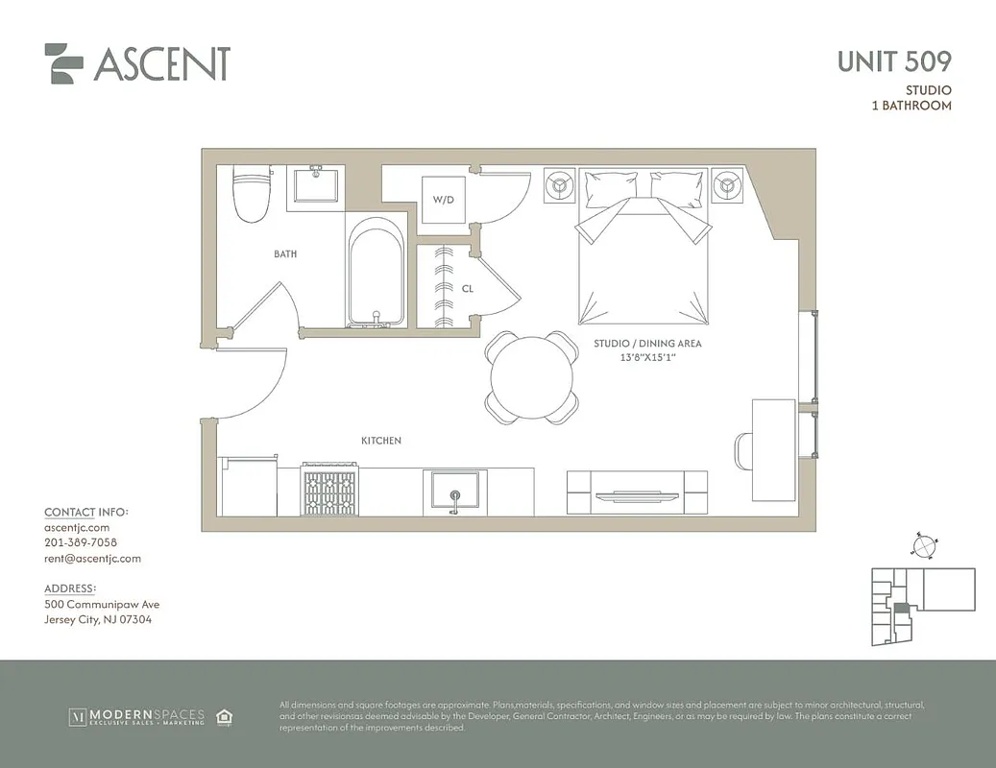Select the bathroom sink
(x=317, y=184)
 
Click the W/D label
(x=443, y=201)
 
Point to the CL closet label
(x=467, y=287)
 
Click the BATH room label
(x=285, y=254)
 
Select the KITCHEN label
(x=381, y=441)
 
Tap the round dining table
(x=532, y=377)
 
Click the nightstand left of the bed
(x=560, y=185)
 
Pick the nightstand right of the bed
(x=727, y=185)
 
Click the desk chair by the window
(x=743, y=449)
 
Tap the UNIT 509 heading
(x=893, y=61)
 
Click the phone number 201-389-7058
(x=81, y=542)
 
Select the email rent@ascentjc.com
(x=92, y=558)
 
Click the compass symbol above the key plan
(x=923, y=545)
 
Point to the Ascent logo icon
(x=63, y=63)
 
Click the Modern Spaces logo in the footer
(x=136, y=716)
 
